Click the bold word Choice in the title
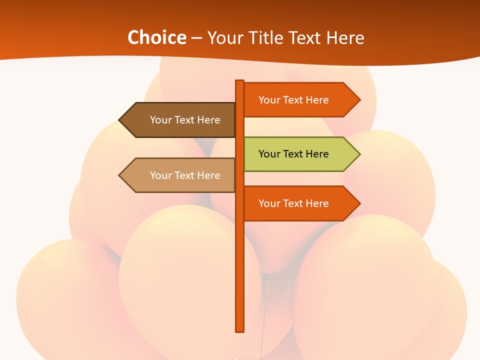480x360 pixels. [x=156, y=37]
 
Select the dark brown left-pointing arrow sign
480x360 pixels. [x=180, y=120]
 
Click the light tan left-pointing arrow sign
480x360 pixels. [x=180, y=175]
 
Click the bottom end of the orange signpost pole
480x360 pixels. [x=240, y=329]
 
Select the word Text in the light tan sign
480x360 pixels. [x=185, y=175]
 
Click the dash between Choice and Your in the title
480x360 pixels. [x=196, y=38]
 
